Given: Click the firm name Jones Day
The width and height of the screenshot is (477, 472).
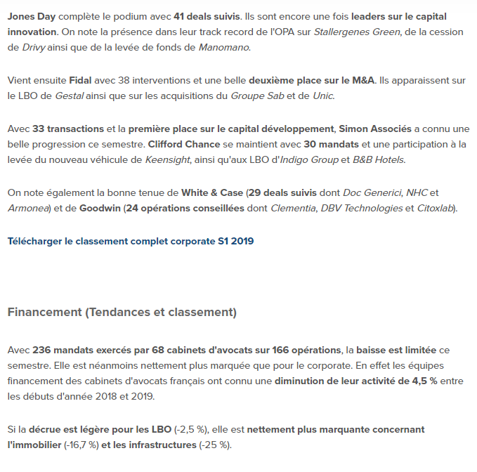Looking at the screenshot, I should [x=31, y=15].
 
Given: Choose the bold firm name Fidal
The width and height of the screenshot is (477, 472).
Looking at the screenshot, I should [x=81, y=80].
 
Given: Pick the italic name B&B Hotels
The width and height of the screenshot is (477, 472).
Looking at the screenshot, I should [x=374, y=160].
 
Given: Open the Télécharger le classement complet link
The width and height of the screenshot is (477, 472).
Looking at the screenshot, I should [x=131, y=241].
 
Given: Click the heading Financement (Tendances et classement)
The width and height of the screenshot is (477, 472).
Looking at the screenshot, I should [x=122, y=312].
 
